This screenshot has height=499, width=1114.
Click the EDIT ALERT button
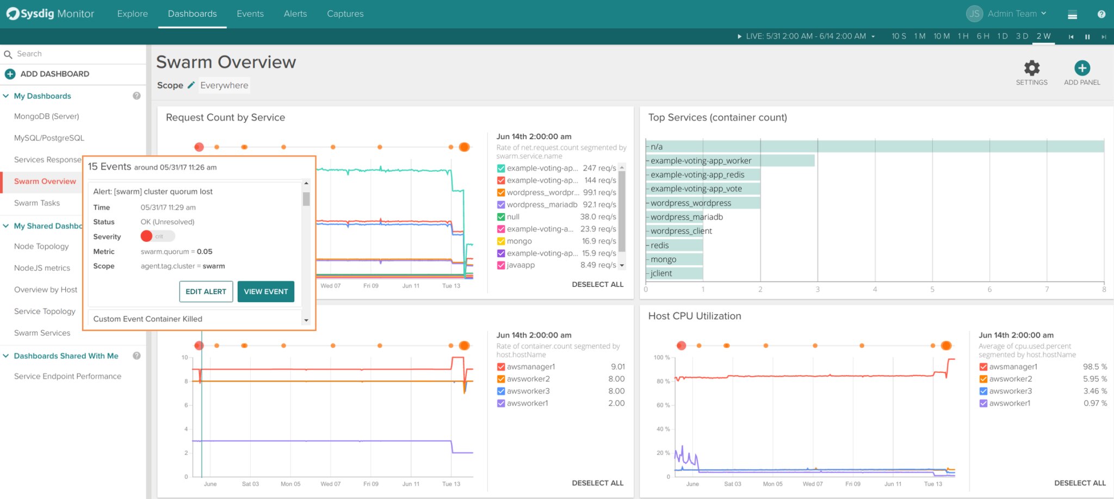tap(206, 291)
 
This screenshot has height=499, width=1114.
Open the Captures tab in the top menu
tap(345, 14)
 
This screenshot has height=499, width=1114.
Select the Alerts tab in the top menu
tap(295, 14)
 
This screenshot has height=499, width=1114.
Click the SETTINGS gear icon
tap(1031, 68)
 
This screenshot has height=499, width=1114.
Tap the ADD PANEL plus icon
tap(1082, 68)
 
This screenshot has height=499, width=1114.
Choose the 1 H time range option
tap(963, 36)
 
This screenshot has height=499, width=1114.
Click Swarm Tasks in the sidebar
tap(37, 203)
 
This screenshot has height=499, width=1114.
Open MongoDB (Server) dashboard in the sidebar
tap(46, 116)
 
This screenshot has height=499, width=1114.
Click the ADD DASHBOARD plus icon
tap(10, 74)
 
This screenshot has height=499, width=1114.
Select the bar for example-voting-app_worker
tap(729, 160)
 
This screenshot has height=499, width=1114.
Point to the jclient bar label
tap(661, 273)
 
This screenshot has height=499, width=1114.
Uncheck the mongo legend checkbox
tap(501, 241)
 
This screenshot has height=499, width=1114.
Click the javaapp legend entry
tap(521, 265)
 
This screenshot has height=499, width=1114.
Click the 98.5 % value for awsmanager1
tap(1094, 367)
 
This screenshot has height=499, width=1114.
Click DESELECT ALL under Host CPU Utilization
tap(1079, 483)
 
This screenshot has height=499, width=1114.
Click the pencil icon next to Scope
tap(191, 85)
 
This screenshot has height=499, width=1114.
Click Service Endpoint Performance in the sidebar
tap(67, 376)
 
